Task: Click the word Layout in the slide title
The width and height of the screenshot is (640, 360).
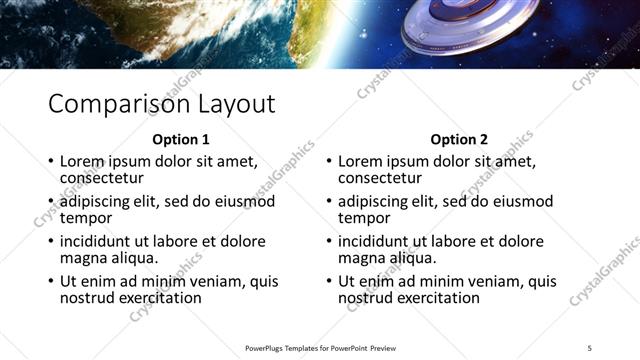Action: [x=229, y=104]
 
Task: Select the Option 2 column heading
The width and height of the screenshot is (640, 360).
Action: [x=460, y=140]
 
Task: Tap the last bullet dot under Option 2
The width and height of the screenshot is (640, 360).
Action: [x=328, y=282]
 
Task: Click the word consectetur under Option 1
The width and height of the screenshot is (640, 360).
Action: [x=101, y=178]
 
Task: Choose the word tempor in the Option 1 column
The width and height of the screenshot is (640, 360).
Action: [x=86, y=218]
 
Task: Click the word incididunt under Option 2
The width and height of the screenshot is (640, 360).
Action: [x=375, y=242]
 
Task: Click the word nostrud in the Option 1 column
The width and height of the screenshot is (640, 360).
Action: [x=87, y=298]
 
